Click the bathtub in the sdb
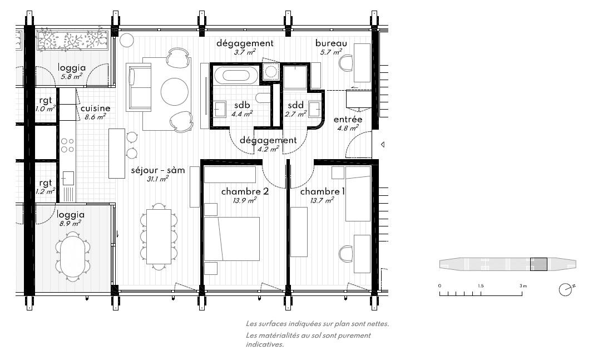pyautogui.click(x=236, y=74)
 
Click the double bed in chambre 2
pyautogui.click(x=232, y=239)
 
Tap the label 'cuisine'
pyautogui.click(x=95, y=109)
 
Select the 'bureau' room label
pyautogui.click(x=331, y=43)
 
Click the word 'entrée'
pyautogui.click(x=348, y=120)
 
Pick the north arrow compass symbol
pyautogui.click(x=566, y=289)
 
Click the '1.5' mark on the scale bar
pyautogui.click(x=480, y=285)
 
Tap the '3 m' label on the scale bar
pyautogui.click(x=522, y=285)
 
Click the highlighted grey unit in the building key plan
pyautogui.click(x=538, y=264)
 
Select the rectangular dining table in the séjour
pyautogui.click(x=159, y=234)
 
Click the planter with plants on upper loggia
pyautogui.click(x=72, y=41)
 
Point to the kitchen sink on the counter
pyautogui.click(x=68, y=178)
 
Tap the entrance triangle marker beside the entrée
pyautogui.click(x=383, y=145)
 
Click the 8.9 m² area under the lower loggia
pyautogui.click(x=71, y=223)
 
